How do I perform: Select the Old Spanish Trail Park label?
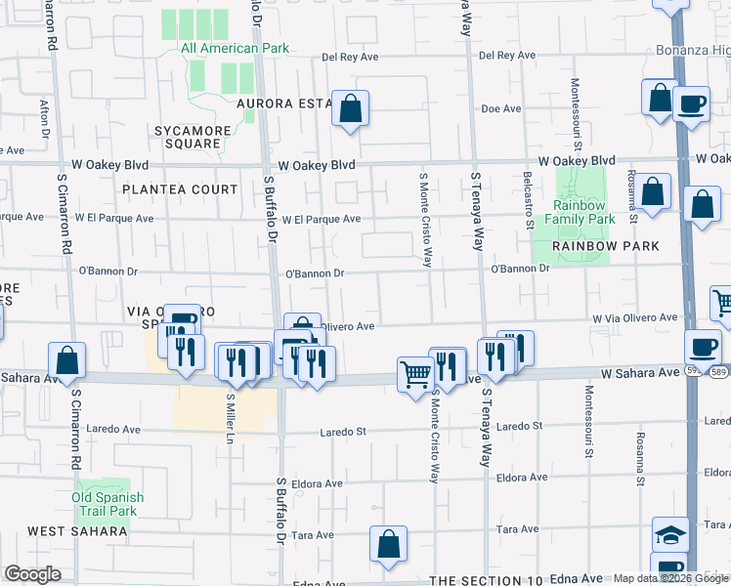pos(107,504)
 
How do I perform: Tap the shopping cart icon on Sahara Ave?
pos(415,374)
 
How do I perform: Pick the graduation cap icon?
pos(670,535)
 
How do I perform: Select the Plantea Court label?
pos(180,189)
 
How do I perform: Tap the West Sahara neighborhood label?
pos(77,531)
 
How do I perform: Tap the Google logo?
pos(32,574)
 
